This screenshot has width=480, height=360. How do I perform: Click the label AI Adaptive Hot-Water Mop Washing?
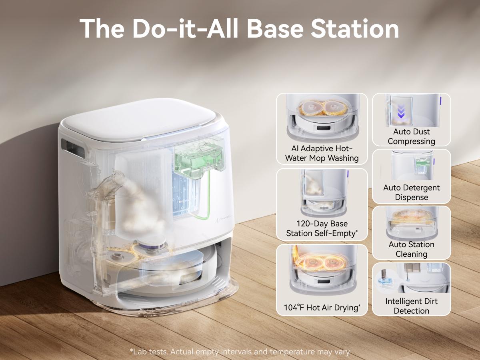322,153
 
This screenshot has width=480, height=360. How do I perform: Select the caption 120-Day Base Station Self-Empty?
322,228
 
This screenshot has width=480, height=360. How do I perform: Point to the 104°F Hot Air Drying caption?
322,308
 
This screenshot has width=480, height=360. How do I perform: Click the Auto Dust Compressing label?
411,136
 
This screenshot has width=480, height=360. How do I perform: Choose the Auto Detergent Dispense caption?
411,192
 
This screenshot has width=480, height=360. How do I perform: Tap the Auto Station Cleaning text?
411,249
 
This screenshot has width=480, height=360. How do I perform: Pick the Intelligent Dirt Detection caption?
411,306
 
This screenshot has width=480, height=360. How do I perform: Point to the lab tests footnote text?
240,352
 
